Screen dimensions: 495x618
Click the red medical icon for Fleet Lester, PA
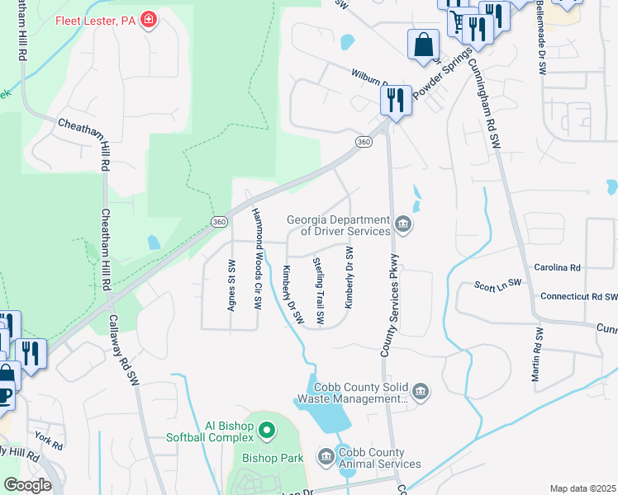click(x=149, y=19)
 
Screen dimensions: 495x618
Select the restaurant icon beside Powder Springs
click(x=396, y=101)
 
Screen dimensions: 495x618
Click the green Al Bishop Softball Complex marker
click(x=267, y=431)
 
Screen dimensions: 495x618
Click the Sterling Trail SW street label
click(x=318, y=290)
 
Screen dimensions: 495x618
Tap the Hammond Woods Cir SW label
click(x=257, y=259)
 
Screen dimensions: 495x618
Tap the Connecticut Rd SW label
click(x=578, y=296)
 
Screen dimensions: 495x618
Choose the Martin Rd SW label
click(x=539, y=354)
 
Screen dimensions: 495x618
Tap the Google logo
click(x=28, y=485)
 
